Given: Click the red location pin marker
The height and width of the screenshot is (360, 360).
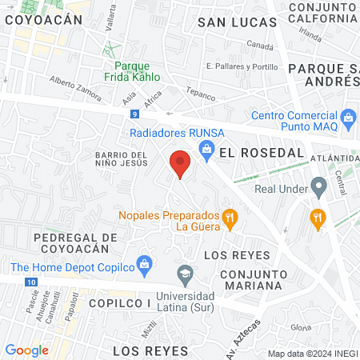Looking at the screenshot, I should pos(180,164).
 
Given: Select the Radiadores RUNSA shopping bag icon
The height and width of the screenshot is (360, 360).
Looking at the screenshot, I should pos(206,148).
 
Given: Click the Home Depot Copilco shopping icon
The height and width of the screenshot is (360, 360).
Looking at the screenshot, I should pos(145,262).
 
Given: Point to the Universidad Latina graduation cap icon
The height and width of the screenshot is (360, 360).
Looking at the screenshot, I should pos(186,274).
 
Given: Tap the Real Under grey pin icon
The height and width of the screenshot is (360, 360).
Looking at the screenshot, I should pos(318,190).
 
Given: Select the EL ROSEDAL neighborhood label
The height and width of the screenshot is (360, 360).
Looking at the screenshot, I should pos(250,151).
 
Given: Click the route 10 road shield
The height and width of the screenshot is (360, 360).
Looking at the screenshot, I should pos(30,282).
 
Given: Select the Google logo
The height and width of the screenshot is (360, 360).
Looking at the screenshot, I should pos(26,350).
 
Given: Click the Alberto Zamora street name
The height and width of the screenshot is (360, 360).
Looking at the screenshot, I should pos(74,88).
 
